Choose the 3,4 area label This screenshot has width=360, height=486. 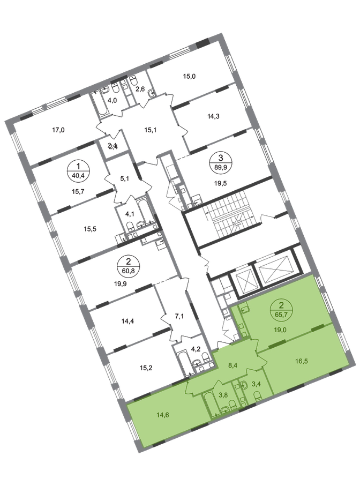coord(257,384)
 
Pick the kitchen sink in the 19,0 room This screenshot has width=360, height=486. coord(244,309)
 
